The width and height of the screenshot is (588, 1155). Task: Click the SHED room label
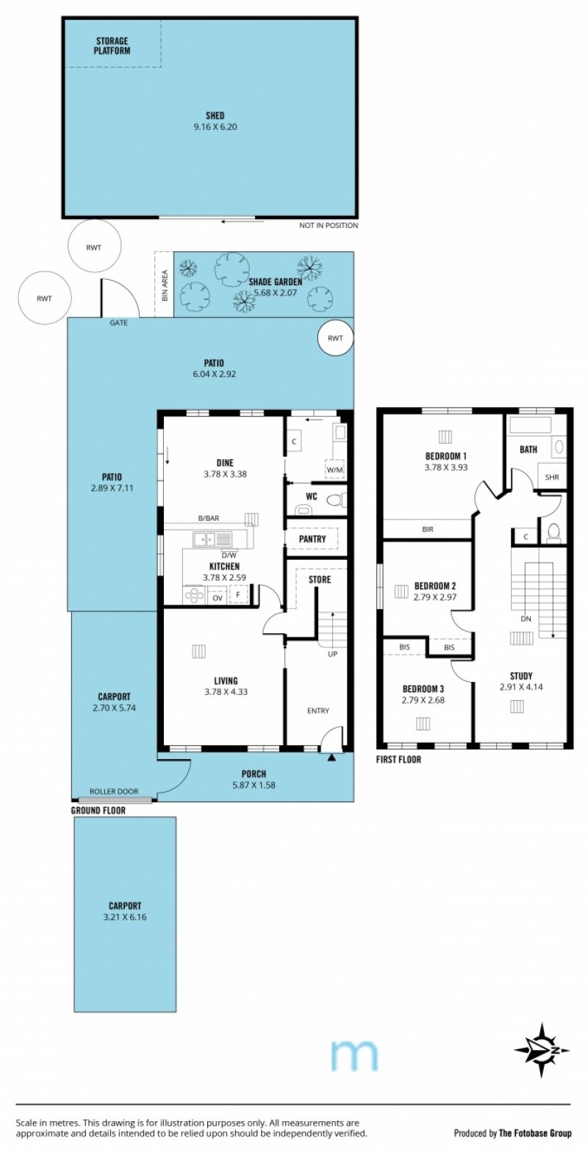[215, 115]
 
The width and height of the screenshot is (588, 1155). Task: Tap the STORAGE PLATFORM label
[112, 46]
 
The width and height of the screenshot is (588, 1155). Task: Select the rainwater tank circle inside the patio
[335, 338]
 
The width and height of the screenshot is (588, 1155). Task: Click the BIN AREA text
[165, 286]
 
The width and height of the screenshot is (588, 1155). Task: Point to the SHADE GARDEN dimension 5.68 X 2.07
[276, 292]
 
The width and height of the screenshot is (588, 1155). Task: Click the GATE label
[118, 323]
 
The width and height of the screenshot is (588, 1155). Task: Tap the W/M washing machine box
[334, 469]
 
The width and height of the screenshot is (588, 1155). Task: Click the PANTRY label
[312, 539]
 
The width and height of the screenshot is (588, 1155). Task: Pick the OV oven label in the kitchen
[218, 598]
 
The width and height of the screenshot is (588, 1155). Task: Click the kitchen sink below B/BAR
[212, 539]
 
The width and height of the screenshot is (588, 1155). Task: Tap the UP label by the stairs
[333, 654]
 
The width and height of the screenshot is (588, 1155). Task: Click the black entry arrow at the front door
[331, 758]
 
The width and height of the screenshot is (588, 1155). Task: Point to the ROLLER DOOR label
[114, 791]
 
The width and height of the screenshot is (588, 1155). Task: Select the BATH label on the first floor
[528, 450]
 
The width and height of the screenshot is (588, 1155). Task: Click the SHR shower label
[552, 478]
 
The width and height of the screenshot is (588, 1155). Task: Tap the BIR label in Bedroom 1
[428, 529]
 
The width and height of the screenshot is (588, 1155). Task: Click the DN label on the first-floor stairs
[526, 619]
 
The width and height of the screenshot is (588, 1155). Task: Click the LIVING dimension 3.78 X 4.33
[226, 692]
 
